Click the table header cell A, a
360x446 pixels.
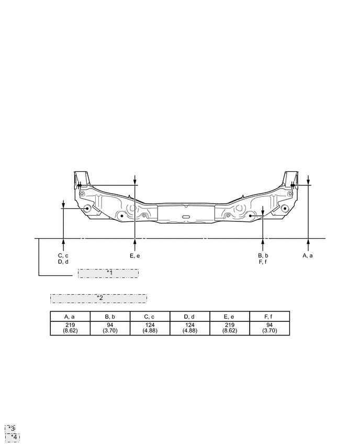pyautogui.click(x=70, y=316)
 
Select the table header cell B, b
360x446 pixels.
pyautogui.click(x=110, y=316)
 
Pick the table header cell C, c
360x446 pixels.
pyautogui.click(x=150, y=316)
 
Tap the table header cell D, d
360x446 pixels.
pyautogui.click(x=189, y=316)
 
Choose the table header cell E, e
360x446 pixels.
pyautogui.click(x=229, y=316)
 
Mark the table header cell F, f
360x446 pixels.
pyautogui.click(x=269, y=316)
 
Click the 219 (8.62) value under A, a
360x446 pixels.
pyautogui.click(x=70, y=328)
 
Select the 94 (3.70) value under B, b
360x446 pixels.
pyautogui.click(x=110, y=328)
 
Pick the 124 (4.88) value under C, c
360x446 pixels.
pyautogui.click(x=150, y=328)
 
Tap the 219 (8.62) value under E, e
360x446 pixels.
pyautogui.click(x=229, y=328)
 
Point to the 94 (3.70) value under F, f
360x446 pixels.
pyautogui.click(x=269, y=328)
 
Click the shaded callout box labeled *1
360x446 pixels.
pyautogui.click(x=108, y=273)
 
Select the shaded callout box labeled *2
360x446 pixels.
pyautogui.click(x=98, y=298)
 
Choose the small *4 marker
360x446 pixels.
pyautogui.click(x=13, y=437)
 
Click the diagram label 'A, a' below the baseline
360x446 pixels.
pyautogui.click(x=308, y=255)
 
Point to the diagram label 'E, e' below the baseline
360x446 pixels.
pyautogui.click(x=135, y=255)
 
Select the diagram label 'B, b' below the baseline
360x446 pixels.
pyautogui.click(x=263, y=255)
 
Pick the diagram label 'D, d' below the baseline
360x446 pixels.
pyautogui.click(x=63, y=262)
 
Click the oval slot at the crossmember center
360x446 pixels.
pyautogui.click(x=185, y=216)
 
